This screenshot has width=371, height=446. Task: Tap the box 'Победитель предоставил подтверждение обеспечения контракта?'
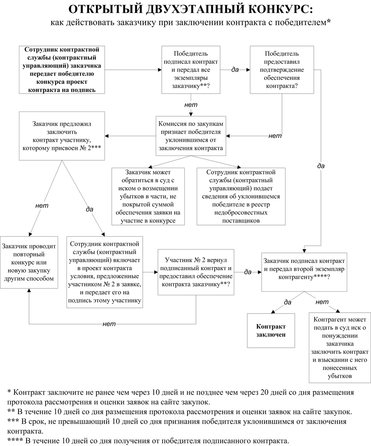(282, 70)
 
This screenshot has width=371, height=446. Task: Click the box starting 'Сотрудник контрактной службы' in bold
(62, 70)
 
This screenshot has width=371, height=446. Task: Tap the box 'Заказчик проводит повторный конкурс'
(29, 262)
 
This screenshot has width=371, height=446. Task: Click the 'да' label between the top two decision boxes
(235, 69)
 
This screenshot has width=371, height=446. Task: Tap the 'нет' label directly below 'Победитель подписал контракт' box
(191, 105)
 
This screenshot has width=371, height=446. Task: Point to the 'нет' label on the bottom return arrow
(109, 324)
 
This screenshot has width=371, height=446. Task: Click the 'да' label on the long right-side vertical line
(321, 166)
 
